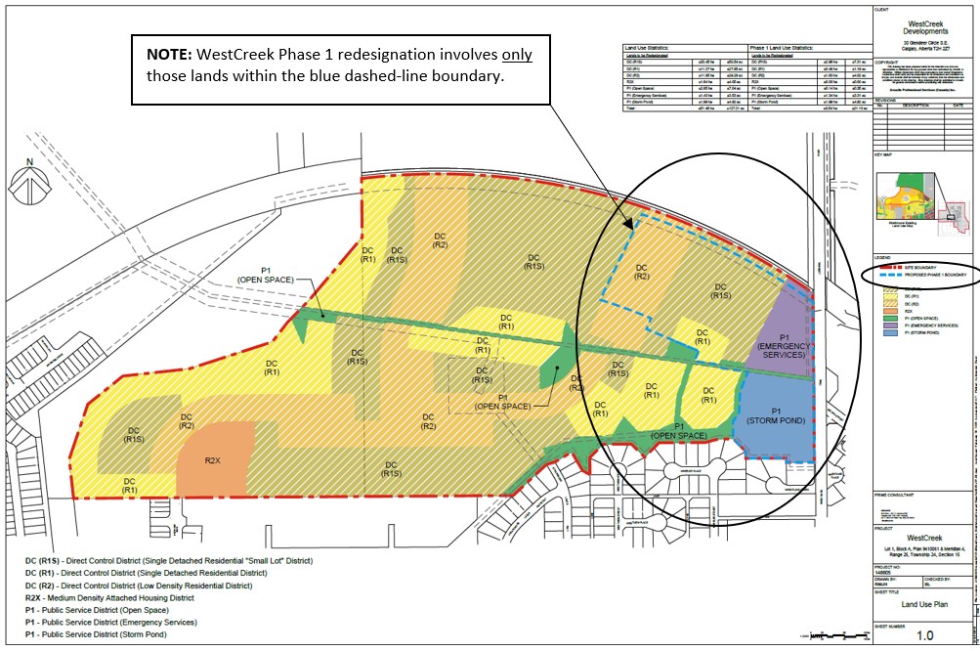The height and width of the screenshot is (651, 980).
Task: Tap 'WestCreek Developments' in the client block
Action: (924, 26)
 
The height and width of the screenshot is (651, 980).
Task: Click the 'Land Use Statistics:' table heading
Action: (656, 47)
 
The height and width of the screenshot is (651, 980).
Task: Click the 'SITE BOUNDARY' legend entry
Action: (916, 267)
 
